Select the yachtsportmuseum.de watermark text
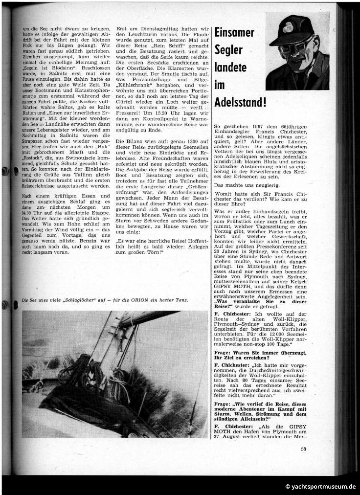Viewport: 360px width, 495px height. [320, 486]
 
